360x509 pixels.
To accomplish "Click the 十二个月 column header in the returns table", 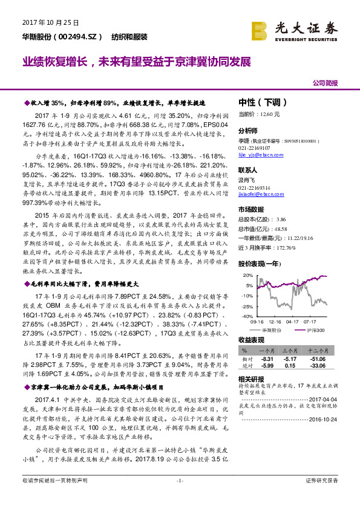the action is [x=319, y=350].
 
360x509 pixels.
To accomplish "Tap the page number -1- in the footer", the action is [x=179, y=497].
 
